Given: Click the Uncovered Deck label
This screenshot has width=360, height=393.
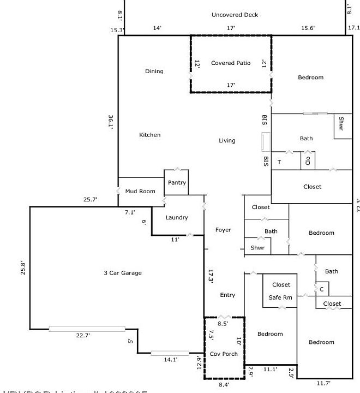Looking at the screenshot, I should click(x=235, y=15).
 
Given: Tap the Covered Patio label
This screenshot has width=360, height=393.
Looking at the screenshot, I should click(x=231, y=63).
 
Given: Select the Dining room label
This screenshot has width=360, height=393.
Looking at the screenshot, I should click(x=154, y=72).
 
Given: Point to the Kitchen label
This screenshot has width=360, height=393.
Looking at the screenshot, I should click(x=150, y=135).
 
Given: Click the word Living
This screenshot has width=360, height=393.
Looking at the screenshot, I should click(x=227, y=141).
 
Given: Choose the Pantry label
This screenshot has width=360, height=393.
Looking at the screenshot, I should click(x=177, y=183).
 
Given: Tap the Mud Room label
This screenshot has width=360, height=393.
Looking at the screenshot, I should click(x=140, y=192).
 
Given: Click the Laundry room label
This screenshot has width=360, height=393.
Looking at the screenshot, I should click(x=177, y=218).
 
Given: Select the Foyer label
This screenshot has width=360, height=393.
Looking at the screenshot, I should click(x=223, y=230).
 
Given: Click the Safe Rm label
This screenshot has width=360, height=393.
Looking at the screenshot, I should click(x=280, y=297).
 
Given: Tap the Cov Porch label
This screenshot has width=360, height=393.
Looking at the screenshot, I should click(x=224, y=354).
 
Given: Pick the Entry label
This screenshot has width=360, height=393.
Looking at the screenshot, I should click(x=227, y=295).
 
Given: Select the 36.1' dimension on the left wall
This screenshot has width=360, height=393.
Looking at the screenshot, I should click(x=111, y=121).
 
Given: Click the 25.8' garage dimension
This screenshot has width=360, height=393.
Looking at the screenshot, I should click(x=22, y=269).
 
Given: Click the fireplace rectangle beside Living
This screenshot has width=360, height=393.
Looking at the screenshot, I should click(x=266, y=142).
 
